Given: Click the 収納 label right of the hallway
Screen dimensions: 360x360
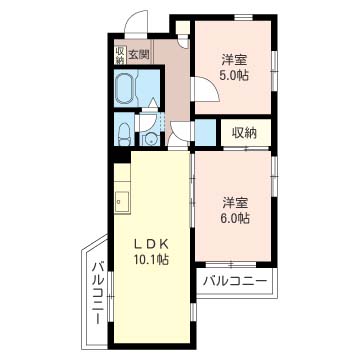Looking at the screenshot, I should [x=246, y=132].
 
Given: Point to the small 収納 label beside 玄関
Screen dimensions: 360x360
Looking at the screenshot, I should [x=119, y=54].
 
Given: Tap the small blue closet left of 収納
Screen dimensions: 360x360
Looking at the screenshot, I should [x=206, y=132].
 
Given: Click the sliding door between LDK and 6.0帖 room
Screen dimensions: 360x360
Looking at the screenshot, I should [x=192, y=200].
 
